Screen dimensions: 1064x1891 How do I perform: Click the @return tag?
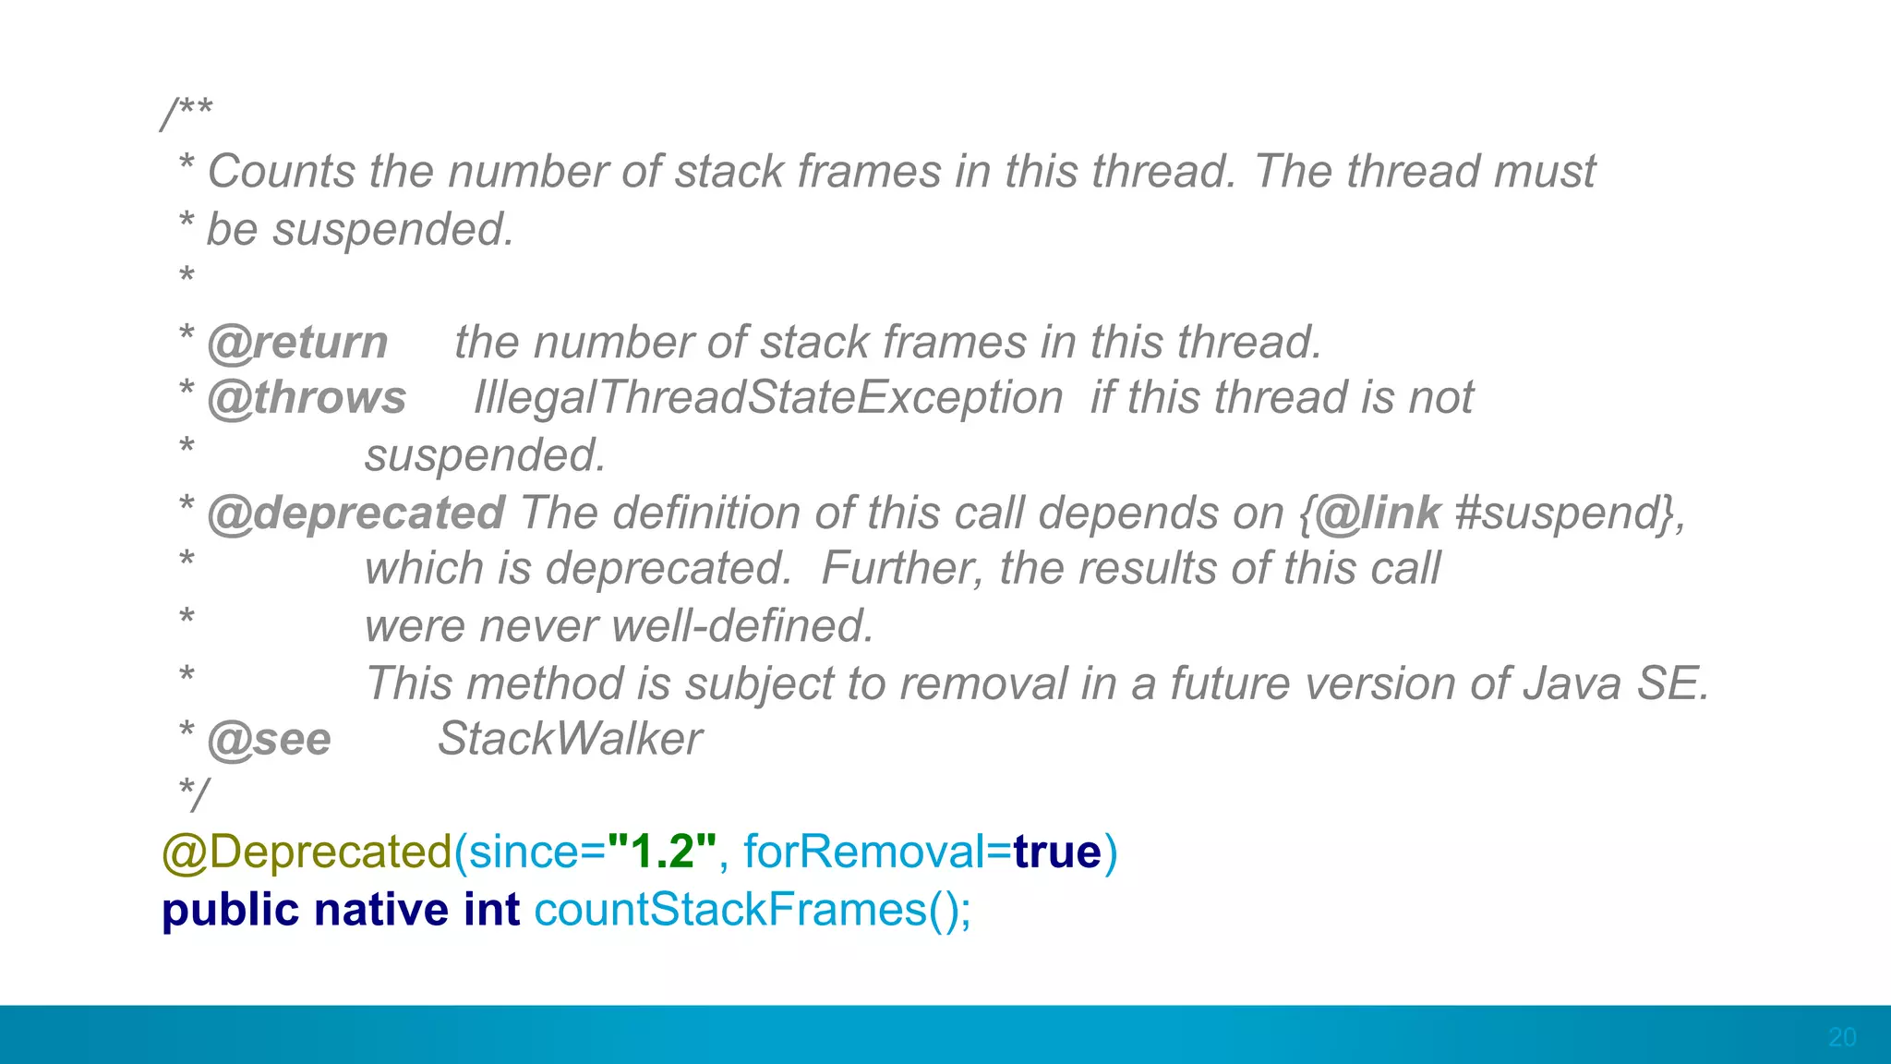[297, 343]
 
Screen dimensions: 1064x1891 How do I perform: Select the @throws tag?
[307, 398]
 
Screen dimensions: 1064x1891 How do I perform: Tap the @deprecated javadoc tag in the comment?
[355, 513]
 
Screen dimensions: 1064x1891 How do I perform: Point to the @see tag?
[269, 739]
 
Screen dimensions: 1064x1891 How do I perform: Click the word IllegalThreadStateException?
[768, 398]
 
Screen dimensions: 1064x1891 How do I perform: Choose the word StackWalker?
[570, 739]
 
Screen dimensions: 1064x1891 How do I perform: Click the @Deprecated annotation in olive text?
[307, 852]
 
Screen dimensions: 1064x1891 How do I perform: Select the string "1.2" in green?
[662, 852]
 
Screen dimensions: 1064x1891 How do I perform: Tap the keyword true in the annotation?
[1057, 852]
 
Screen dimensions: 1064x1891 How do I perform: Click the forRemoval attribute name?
[863, 852]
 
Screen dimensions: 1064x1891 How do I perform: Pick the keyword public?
[230, 910]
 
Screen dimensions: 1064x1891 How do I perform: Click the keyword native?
[381, 910]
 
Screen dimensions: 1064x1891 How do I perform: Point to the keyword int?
[491, 910]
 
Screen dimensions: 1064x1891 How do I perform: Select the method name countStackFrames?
[730, 910]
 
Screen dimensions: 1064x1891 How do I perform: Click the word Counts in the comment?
[282, 172]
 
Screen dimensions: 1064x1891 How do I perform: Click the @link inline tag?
[1377, 513]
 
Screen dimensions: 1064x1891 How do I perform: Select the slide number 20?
[1842, 1037]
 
